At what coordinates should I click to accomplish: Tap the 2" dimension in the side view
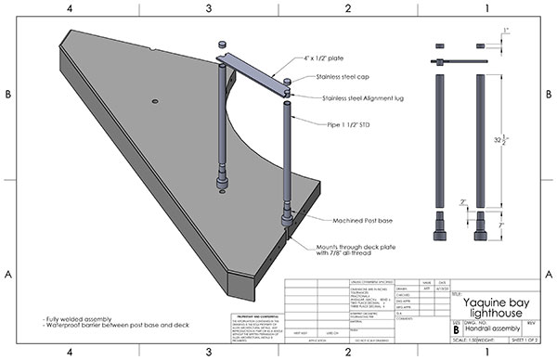click(460, 202)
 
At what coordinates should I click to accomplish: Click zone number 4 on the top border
click(70, 8)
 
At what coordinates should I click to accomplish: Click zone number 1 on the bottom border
click(486, 353)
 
